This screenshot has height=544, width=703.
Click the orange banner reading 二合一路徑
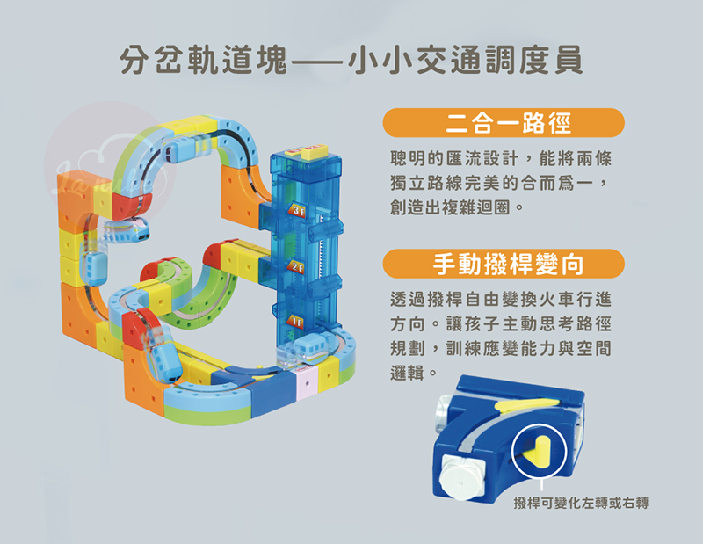tap(504, 123)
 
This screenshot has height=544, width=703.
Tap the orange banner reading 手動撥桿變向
tap(504, 264)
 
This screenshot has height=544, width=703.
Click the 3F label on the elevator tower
tap(297, 210)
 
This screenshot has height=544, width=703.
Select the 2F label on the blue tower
tap(296, 267)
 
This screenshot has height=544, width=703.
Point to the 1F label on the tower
tap(295, 322)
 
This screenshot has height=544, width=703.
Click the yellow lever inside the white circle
tap(540, 452)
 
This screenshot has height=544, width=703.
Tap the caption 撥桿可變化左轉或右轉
tap(581, 504)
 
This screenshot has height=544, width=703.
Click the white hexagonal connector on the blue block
tap(460, 477)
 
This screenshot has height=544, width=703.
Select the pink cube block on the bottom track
tap(307, 384)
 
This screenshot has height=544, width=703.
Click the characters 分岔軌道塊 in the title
tap(204, 60)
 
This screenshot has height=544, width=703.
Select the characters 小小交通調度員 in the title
tap(466, 60)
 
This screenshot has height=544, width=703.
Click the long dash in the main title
tap(318, 61)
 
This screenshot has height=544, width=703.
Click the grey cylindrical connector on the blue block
tap(444, 412)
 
